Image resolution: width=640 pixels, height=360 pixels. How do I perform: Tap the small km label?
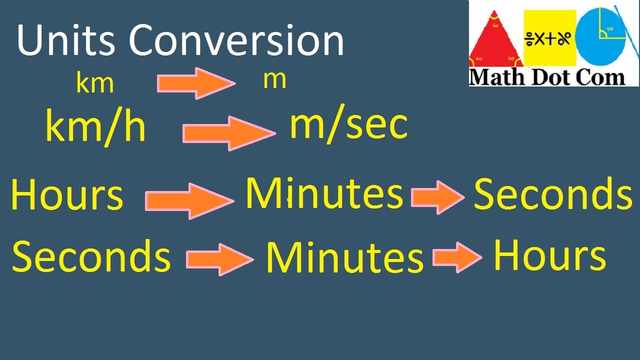click(94, 83)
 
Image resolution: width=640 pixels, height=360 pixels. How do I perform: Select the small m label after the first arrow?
click(274, 80)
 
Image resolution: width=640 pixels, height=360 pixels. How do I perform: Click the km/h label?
click(95, 127)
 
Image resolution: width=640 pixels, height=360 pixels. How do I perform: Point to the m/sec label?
click(348, 125)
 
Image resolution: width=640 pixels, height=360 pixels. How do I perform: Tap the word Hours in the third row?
click(66, 195)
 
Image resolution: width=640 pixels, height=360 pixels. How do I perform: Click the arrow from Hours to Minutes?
click(189, 200)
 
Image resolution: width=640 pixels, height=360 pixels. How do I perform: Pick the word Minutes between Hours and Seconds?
click(323, 193)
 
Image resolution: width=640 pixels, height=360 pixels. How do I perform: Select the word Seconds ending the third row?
click(553, 194)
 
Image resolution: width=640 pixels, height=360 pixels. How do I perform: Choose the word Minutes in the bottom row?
click(344, 258)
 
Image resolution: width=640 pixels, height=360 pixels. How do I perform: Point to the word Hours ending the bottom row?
click(549, 255)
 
